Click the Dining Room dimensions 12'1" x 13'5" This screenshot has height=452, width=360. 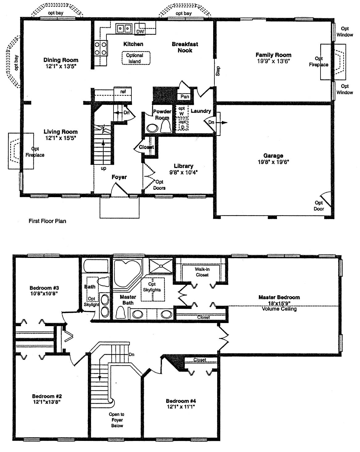[61, 66]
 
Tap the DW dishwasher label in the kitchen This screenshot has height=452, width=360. [140, 31]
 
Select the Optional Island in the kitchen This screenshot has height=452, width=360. [136, 58]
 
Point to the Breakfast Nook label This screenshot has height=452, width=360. [185, 47]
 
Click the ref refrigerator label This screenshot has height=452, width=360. [123, 92]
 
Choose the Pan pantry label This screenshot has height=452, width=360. [184, 96]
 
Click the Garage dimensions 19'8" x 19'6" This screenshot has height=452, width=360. [273, 162]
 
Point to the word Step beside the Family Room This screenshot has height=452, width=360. [218, 71]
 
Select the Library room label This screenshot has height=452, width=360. [184, 166]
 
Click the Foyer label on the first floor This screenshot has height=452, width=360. [119, 177]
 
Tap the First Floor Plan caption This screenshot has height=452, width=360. [48, 221]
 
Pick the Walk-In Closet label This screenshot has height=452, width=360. [202, 272]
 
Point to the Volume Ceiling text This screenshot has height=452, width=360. [279, 309]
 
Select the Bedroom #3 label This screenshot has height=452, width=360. [44, 288]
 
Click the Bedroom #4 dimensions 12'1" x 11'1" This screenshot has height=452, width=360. [181, 407]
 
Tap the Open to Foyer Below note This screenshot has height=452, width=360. [117, 420]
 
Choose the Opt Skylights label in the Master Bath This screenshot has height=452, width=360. [152, 287]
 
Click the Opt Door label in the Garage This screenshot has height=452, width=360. [319, 205]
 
